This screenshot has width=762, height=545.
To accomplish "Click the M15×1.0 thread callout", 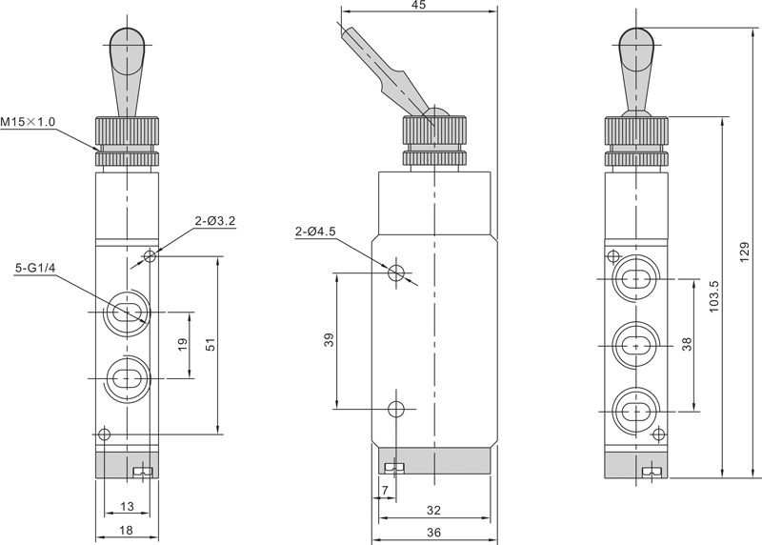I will coord(29,121).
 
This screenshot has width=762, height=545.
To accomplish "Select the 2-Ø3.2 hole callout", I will coord(214,221).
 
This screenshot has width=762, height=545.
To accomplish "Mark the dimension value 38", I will coord(687,344).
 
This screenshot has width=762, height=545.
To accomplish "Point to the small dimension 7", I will coord(384,491).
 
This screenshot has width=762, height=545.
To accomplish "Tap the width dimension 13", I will coord(127,507).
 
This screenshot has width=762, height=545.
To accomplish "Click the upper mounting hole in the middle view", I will coord(398,272).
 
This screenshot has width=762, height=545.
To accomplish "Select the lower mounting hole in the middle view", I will coord(398,409).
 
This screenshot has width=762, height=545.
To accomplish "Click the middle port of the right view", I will coord(634,344).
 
